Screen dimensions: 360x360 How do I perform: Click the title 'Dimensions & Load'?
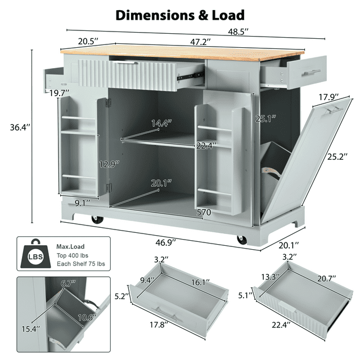coord(180,15)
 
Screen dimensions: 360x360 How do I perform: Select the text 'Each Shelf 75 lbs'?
coord(80,264)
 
